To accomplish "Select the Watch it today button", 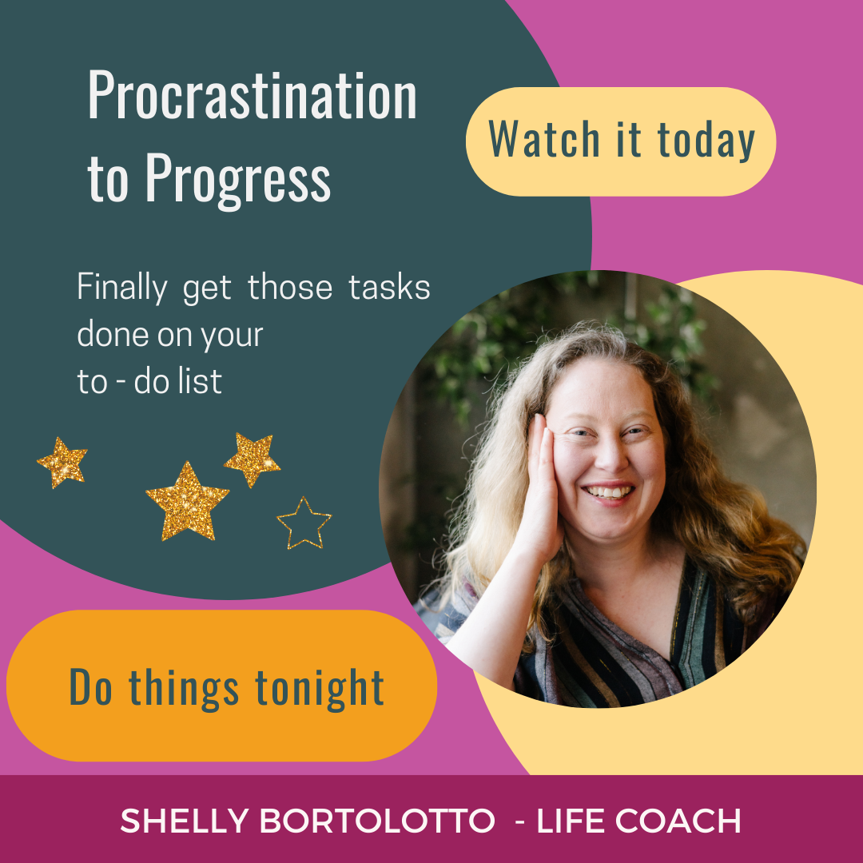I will pos(620,141).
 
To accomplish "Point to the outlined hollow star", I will pos(304,523).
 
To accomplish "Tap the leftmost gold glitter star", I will pos(62,462).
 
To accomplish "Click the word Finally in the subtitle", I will pos(122,288).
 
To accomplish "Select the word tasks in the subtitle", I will pos(389,288).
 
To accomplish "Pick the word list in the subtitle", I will pos(201,382).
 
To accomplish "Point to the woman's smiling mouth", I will pos(611,492).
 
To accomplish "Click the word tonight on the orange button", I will pos(319,687).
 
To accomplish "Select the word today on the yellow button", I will pos(706,141).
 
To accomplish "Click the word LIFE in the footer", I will pos(570,821).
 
